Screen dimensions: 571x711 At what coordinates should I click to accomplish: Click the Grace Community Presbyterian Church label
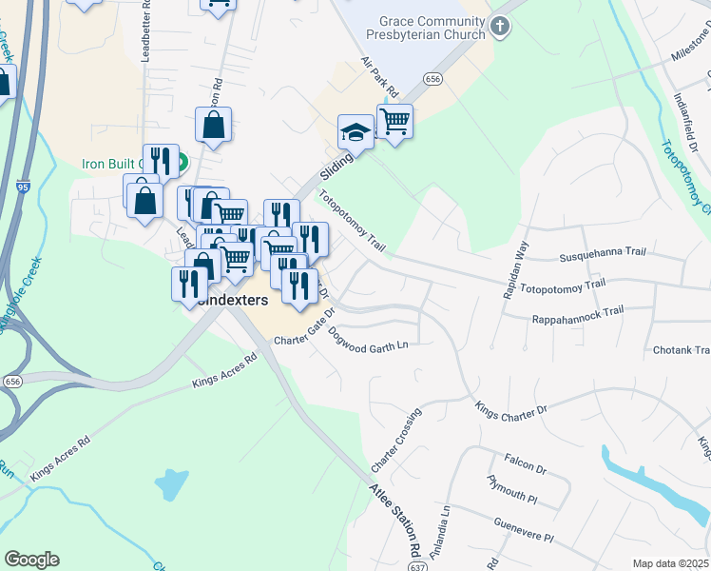(432, 28)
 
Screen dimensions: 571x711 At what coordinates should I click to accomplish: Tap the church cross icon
(501, 29)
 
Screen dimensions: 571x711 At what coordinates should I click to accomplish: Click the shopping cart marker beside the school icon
(394, 121)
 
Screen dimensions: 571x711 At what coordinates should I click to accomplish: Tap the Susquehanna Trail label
(603, 254)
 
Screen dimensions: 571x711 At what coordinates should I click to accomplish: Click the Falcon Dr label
(526, 464)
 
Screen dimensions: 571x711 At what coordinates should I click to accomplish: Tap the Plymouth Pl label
(512, 489)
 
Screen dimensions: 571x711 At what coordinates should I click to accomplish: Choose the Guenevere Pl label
(523, 530)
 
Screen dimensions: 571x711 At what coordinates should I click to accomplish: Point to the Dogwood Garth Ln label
(367, 339)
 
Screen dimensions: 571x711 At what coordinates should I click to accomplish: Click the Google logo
(31, 560)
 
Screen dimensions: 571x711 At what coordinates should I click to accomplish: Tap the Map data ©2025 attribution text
(669, 563)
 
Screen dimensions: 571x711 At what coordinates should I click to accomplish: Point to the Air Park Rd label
(377, 76)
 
